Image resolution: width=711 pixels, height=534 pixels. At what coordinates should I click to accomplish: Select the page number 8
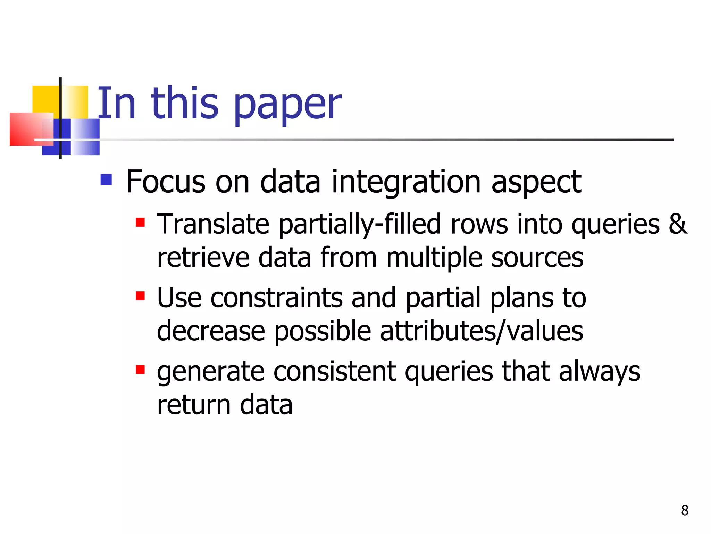click(685, 510)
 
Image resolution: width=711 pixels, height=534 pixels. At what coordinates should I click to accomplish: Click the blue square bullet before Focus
click(106, 179)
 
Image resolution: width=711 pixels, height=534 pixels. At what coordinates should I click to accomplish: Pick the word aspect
click(536, 183)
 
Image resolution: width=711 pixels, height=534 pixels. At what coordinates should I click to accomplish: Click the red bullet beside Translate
click(140, 222)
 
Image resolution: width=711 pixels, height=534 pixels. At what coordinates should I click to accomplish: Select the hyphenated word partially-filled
click(360, 225)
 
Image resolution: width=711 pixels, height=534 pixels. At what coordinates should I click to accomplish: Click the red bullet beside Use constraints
click(140, 296)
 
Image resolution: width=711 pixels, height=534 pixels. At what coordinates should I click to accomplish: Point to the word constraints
click(276, 298)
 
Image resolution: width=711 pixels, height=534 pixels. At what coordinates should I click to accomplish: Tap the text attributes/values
click(481, 331)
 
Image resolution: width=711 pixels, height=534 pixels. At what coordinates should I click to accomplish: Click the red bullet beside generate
click(140, 369)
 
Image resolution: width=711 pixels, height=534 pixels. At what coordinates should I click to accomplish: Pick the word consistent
click(335, 371)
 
